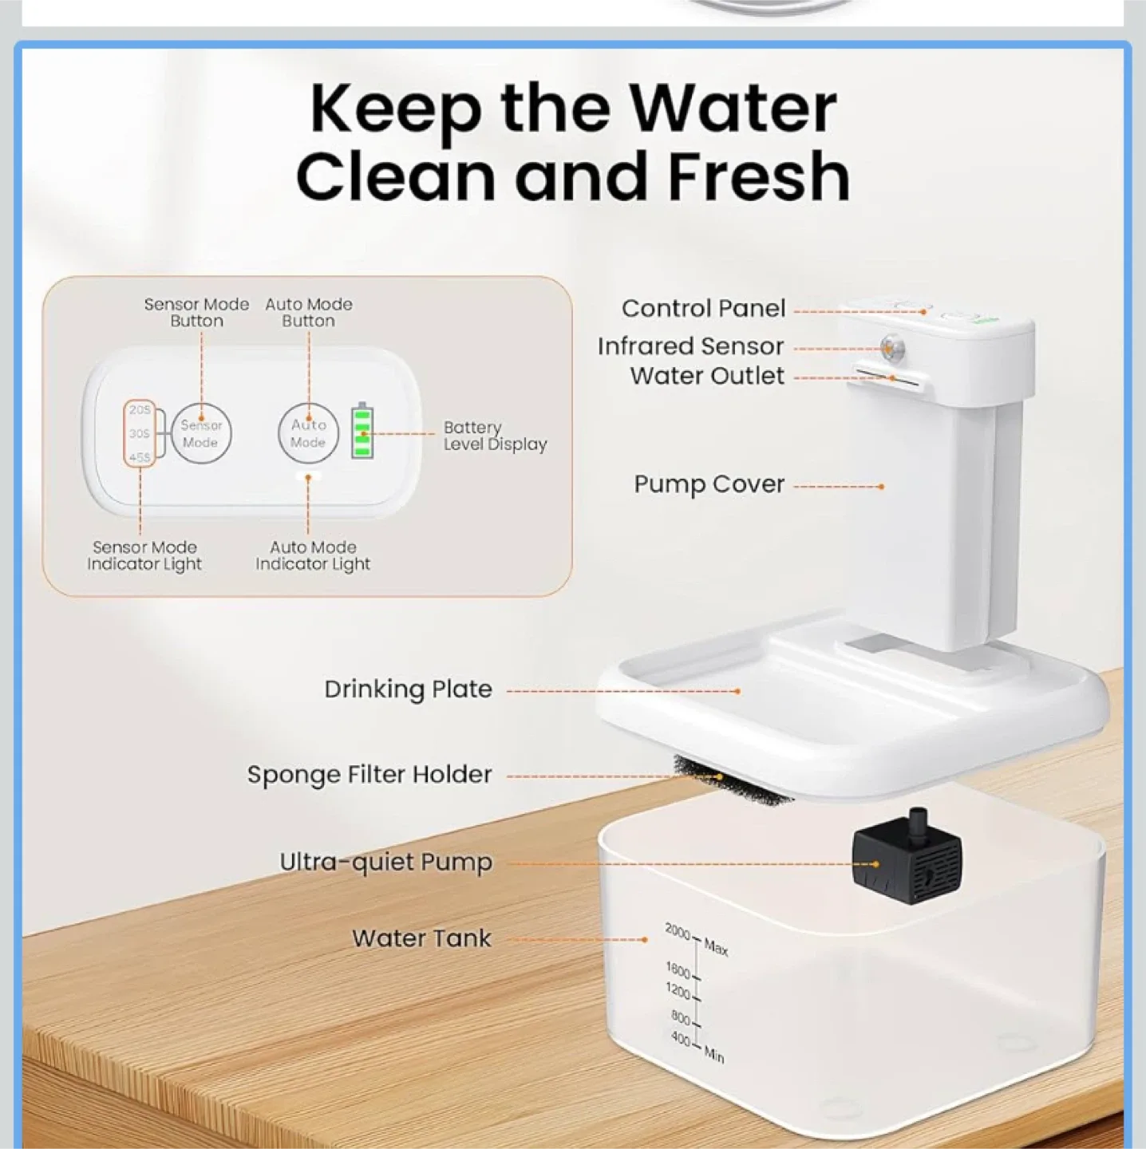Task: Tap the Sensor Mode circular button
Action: (200, 433)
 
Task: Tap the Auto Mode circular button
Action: (308, 433)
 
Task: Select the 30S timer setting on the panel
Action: (140, 433)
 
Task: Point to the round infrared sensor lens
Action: (890, 347)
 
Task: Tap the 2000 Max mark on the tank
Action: (694, 938)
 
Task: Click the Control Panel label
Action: (703, 309)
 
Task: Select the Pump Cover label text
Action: (709, 484)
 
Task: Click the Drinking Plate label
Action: (408, 689)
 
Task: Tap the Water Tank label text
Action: (421, 938)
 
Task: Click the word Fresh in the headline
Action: (758, 177)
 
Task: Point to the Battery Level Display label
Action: (495, 436)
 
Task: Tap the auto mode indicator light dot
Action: (307, 476)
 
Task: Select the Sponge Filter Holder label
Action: (369, 775)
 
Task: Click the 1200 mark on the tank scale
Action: (681, 993)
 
